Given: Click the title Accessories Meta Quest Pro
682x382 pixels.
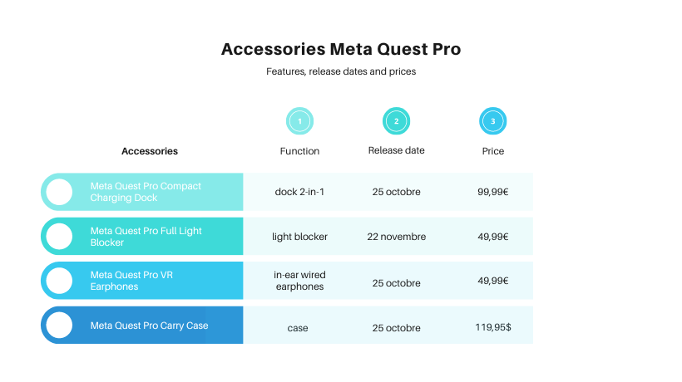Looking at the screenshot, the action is point(341,49).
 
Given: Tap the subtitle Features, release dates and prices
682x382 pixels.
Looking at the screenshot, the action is point(341,71).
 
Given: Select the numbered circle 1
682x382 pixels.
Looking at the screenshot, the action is point(299,121).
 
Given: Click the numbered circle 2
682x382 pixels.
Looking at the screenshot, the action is point(396,121).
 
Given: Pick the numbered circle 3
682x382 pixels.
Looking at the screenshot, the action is point(493,121).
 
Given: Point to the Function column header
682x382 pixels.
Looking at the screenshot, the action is point(299,151).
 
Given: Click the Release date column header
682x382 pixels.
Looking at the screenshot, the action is point(396,150).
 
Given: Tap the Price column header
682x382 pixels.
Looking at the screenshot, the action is point(493,151).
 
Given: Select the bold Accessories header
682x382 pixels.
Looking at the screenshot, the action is point(150,151).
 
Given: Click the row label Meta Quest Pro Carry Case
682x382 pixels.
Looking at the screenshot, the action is point(149,326).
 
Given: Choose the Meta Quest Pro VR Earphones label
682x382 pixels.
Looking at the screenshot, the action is point(131,281).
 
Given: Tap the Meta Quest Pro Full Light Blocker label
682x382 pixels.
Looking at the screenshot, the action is point(146,237).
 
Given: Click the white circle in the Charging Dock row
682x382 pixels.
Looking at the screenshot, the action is point(59,192).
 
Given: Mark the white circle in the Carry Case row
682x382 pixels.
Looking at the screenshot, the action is point(59,326).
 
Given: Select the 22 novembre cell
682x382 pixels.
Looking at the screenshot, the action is point(396,237).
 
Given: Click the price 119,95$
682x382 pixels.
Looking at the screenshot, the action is point(493,327).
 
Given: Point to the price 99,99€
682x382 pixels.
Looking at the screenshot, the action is point(493,192).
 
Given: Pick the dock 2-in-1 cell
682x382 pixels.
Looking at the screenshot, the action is point(299,192).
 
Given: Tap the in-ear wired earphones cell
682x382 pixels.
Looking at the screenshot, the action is point(299,281).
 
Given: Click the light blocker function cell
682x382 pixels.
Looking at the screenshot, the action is point(299,237).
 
